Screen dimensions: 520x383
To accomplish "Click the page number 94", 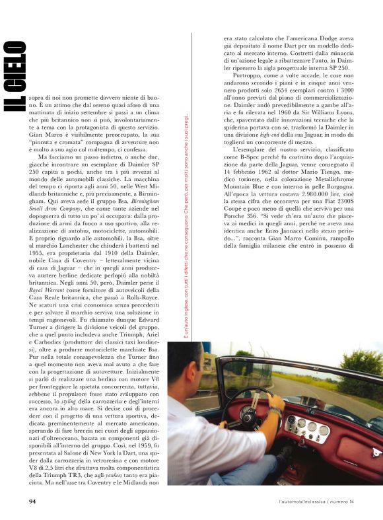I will [x=32, y=501].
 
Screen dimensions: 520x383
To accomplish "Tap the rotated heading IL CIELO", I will [x=16, y=75].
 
